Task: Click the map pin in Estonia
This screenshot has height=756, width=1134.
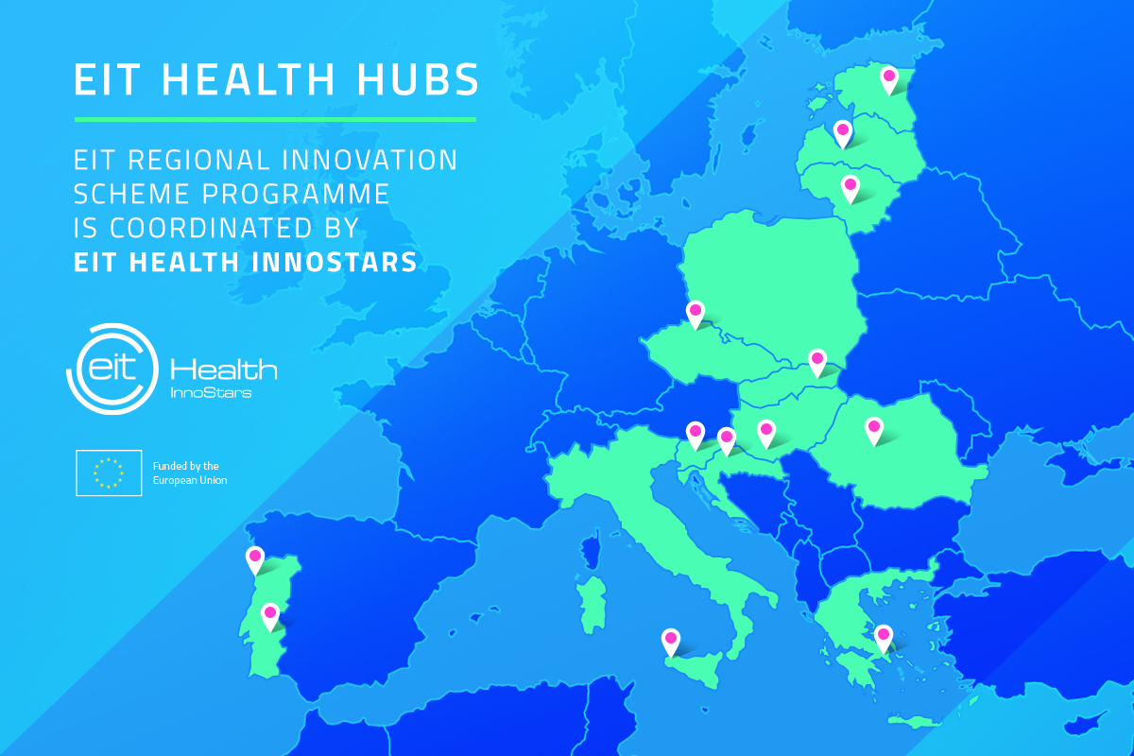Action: [888, 78]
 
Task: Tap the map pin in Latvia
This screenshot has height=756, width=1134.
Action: [842, 133]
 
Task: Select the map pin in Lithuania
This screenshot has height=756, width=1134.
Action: [850, 187]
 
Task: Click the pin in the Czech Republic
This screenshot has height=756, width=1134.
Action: [696, 313]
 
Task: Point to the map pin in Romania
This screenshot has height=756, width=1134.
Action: [874, 430]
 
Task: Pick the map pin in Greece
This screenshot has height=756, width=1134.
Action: [884, 638]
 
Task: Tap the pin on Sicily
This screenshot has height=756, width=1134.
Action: [671, 641]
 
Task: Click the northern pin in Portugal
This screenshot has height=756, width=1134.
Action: [255, 559]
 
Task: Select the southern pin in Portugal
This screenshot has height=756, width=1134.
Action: [270, 615]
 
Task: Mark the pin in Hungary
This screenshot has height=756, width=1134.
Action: [766, 432]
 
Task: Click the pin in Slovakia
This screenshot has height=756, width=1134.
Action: [817, 361]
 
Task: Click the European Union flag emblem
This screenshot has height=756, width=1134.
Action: [110, 473]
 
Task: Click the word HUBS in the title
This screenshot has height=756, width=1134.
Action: [427, 79]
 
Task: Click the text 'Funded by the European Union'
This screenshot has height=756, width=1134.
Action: [189, 473]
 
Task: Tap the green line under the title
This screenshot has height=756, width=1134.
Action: [275, 120]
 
